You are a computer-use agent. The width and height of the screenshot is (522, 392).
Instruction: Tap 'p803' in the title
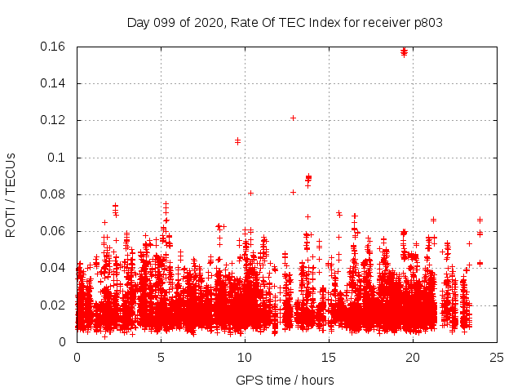[427, 22]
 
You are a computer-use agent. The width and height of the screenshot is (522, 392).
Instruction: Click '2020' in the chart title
[209, 22]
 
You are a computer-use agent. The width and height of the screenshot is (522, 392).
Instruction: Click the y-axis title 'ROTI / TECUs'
[11, 194]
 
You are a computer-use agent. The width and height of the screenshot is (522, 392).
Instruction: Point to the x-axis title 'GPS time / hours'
[285, 380]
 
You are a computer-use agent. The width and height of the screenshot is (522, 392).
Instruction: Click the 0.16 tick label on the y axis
[53, 47]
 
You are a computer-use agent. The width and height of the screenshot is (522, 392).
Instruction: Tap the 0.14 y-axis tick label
[53, 83]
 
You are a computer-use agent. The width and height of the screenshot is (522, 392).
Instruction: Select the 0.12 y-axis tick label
[53, 120]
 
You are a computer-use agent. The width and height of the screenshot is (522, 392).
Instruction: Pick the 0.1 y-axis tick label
[58, 157]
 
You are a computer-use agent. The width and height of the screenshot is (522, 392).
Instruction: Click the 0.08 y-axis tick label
[53, 194]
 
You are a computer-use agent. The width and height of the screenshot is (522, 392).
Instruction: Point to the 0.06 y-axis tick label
[53, 231]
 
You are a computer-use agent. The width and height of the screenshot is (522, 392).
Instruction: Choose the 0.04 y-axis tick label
[53, 268]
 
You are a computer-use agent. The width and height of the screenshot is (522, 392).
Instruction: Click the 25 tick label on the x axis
[496, 357]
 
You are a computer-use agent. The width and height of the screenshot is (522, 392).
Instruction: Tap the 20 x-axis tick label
[412, 357]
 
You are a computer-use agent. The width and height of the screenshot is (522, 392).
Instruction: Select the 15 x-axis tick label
[328, 357]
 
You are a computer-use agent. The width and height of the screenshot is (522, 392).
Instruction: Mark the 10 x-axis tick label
[244, 357]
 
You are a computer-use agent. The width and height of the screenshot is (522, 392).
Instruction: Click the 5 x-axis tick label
[161, 357]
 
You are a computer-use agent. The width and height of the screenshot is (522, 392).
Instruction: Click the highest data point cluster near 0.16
[404, 51]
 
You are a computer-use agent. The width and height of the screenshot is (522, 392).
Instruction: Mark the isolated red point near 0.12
[293, 118]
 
